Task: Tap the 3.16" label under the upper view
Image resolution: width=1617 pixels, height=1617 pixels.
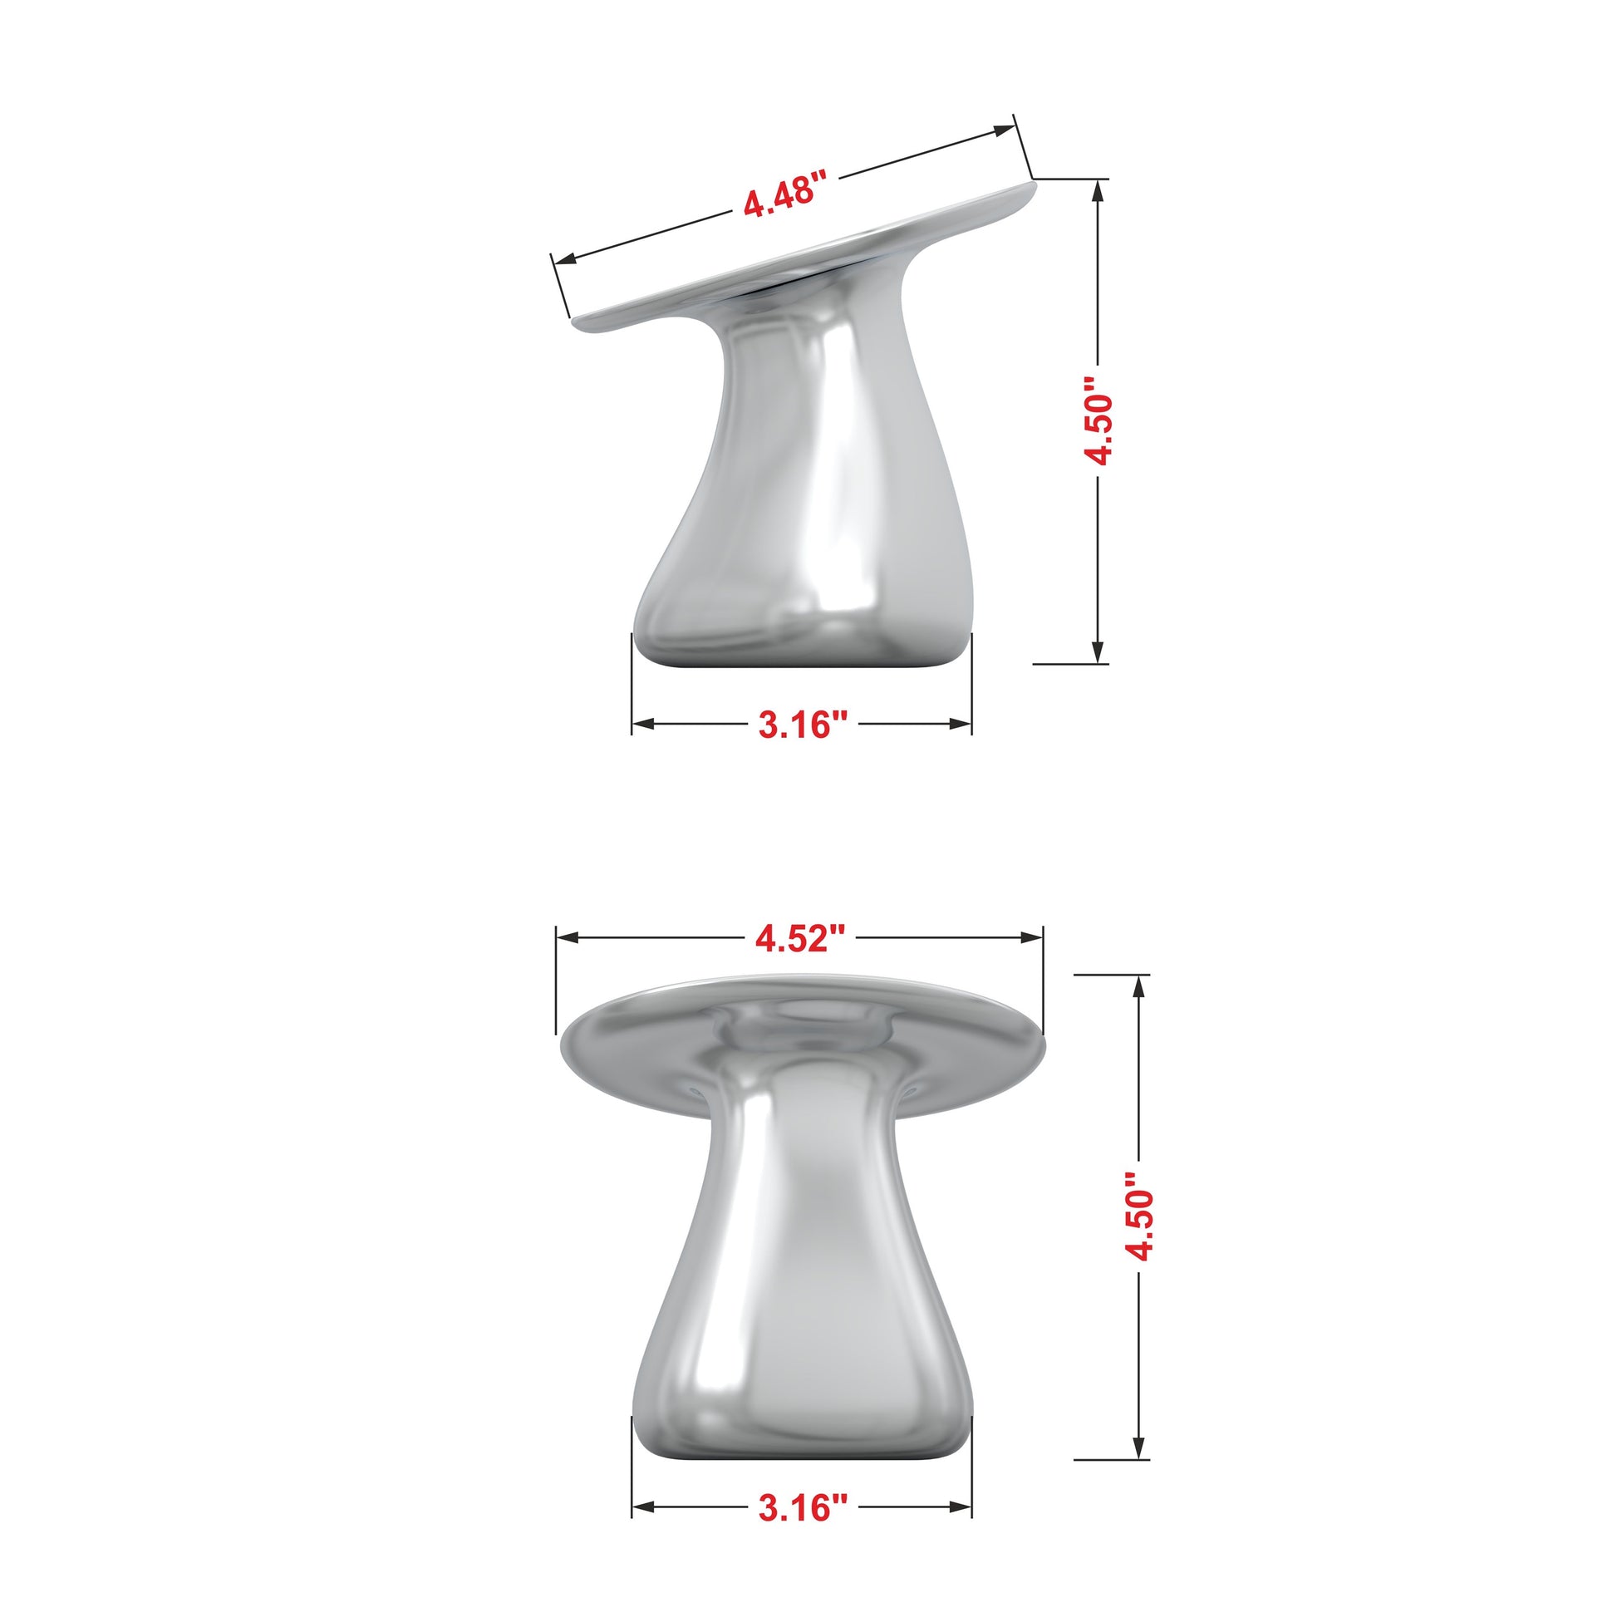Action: click(804, 724)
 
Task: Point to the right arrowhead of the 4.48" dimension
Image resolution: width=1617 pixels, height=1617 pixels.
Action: click(1004, 130)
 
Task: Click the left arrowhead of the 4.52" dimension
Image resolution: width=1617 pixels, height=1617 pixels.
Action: click(568, 938)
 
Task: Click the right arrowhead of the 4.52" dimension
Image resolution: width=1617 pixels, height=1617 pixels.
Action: click(1032, 938)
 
